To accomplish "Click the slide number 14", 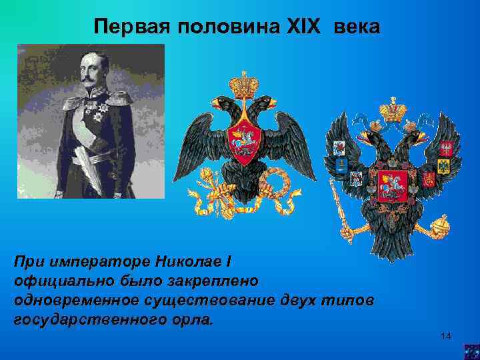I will (446, 335).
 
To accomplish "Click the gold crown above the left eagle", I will (243, 84).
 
